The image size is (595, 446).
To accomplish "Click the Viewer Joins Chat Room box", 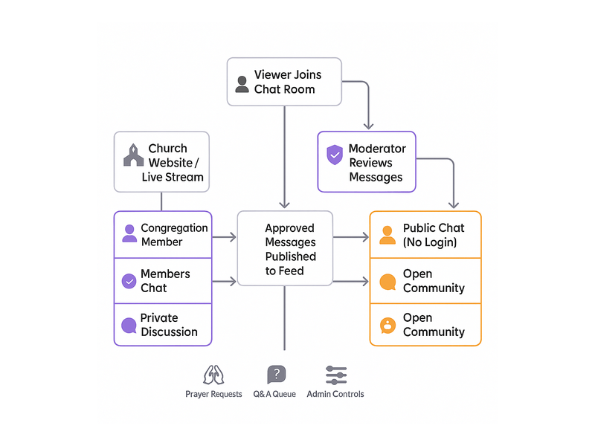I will tap(284, 82).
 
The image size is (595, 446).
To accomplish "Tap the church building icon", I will tap(133, 155).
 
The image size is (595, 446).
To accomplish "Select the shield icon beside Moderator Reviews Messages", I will tap(335, 155).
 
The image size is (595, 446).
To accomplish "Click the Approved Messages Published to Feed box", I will tap(285, 249).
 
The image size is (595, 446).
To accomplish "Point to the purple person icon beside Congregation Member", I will tap(129, 234).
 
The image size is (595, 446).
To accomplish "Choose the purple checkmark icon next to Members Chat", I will tap(129, 281).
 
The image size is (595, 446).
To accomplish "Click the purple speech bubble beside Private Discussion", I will tap(129, 325).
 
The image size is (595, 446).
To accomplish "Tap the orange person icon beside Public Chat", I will tap(387, 234).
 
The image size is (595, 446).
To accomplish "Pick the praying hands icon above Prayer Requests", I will tap(213, 375).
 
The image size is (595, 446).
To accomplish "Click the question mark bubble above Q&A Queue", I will tap(277, 375).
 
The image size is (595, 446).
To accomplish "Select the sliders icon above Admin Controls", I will tap(336, 375).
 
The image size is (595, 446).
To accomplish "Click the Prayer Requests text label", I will tap(213, 394).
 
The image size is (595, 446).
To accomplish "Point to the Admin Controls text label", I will tap(335, 394).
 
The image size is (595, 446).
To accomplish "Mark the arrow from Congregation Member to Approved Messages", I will tap(224, 237).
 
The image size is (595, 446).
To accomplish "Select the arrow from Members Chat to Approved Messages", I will tap(224, 281).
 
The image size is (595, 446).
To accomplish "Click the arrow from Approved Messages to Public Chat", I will tap(351, 237).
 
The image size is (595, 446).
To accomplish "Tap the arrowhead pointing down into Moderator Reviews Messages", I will tap(367, 126).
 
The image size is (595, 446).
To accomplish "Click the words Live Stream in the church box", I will tap(173, 177).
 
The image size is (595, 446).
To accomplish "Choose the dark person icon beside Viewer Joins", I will tap(242, 84).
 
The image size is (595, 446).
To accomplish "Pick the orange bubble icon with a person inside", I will tap(387, 325).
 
